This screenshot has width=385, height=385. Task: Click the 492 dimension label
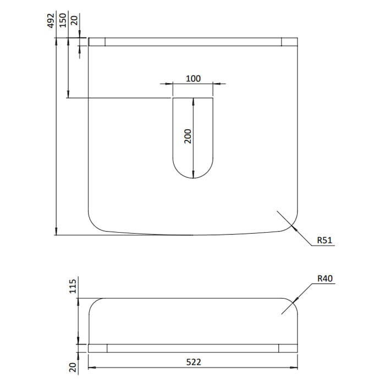click(51, 21)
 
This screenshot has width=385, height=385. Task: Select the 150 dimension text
click(63, 20)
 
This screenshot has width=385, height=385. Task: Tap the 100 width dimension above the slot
click(193, 79)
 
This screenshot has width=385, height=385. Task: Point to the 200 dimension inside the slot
click(188, 136)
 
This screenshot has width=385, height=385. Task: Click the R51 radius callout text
click(324, 240)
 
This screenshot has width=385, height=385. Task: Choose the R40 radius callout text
click(325, 278)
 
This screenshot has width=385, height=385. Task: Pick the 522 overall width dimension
click(194, 362)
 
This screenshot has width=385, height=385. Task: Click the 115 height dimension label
click(73, 287)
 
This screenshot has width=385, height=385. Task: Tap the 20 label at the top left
click(74, 20)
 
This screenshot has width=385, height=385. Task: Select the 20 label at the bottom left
click(73, 367)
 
